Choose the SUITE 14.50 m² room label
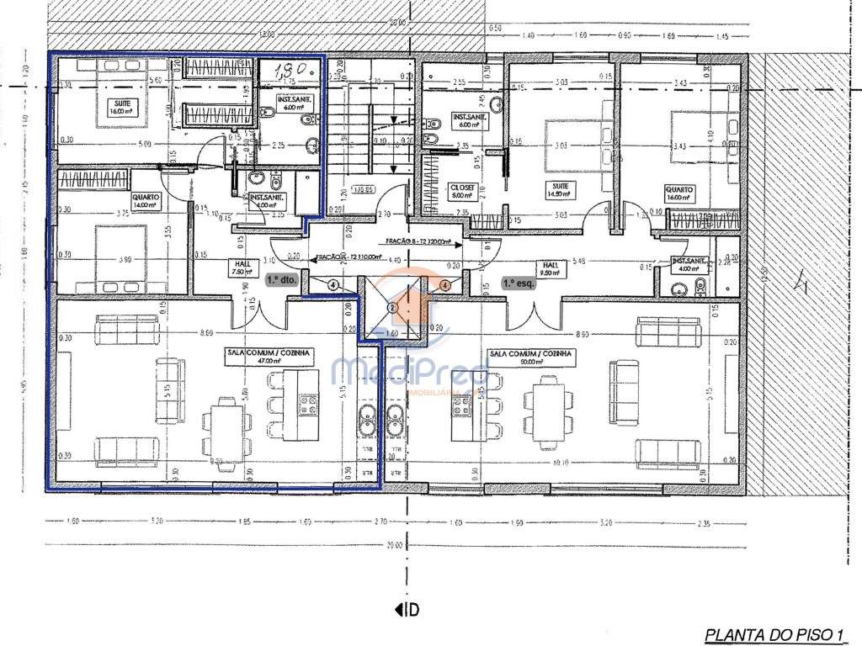556,191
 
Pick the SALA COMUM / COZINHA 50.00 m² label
530,358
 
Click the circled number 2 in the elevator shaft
392,309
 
